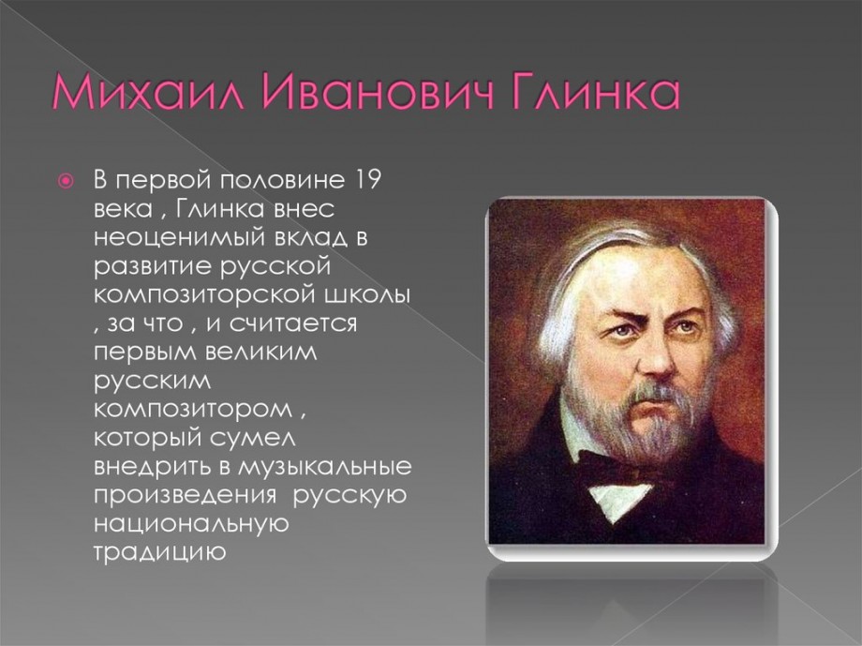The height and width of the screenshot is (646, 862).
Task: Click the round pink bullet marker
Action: (x=66, y=180)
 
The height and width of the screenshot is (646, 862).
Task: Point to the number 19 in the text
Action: (x=365, y=180)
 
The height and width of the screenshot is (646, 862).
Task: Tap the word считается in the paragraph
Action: (x=293, y=323)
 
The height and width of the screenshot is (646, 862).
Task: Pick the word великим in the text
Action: (x=261, y=353)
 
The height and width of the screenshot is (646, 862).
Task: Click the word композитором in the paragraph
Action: (x=195, y=410)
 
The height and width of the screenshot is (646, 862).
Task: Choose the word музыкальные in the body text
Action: (x=325, y=468)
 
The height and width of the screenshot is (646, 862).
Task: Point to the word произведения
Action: (x=185, y=496)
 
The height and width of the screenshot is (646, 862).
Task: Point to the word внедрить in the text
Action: (x=155, y=468)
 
